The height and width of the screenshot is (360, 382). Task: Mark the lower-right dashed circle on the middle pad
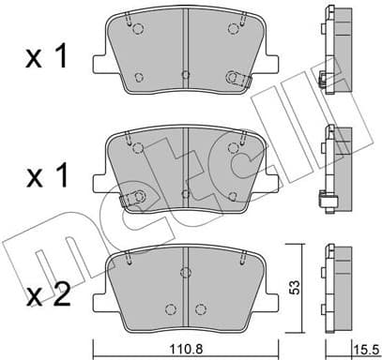(x=231, y=195)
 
